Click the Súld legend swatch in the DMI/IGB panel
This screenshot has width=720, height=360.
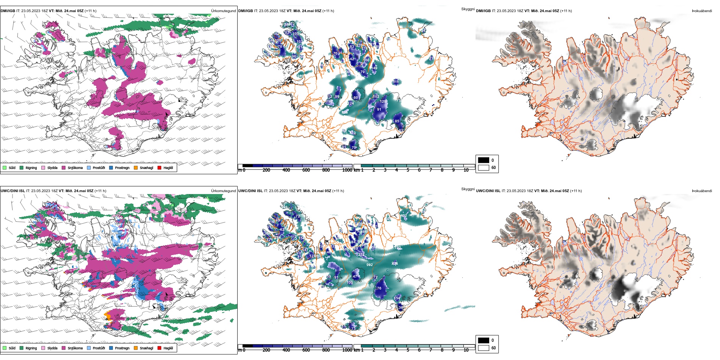[x=5, y=167]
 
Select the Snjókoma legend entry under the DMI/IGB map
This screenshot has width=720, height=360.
[x=75, y=168]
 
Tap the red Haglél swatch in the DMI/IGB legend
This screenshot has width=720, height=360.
[x=160, y=167]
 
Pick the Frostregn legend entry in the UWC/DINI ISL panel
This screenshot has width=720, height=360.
[x=122, y=348]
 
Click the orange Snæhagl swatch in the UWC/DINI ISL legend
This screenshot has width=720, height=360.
[x=136, y=348]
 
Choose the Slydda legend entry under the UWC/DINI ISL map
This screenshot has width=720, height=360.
[x=52, y=348]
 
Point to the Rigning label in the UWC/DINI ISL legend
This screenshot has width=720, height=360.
[x=31, y=348]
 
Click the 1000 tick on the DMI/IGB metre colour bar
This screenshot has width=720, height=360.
[x=347, y=170]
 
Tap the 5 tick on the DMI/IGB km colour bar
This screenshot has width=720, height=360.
[x=408, y=170]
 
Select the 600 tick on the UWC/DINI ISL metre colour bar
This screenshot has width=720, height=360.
[x=306, y=350]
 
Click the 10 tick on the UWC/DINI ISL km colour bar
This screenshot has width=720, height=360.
[x=466, y=350]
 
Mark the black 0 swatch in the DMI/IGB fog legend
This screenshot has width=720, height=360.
[x=484, y=160]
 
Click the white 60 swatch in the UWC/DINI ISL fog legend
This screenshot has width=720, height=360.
[x=484, y=347]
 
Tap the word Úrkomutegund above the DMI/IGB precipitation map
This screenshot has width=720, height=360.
[x=223, y=11]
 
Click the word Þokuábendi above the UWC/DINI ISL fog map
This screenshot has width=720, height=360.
[x=702, y=191]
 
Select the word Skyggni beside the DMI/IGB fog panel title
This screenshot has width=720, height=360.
[x=468, y=9]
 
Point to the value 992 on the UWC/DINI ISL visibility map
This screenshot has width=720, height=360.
[x=369, y=265]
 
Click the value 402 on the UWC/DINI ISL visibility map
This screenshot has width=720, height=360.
[x=404, y=216]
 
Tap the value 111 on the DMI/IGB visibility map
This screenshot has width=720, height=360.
[x=396, y=82]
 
